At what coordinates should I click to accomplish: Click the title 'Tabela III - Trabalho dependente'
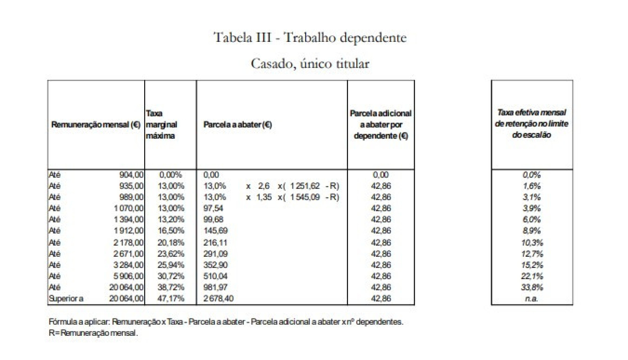[x=310, y=38]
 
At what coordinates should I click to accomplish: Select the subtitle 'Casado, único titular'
[x=310, y=63]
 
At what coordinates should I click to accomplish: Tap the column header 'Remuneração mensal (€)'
[x=96, y=125]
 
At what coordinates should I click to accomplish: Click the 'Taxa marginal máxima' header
[x=161, y=125]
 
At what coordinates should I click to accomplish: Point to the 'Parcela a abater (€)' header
[x=237, y=125]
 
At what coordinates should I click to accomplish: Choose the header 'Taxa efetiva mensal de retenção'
[x=532, y=124]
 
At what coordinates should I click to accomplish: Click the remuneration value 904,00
[x=131, y=175]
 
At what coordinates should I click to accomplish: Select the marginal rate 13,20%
[x=171, y=219]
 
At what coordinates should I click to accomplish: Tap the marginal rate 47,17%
[x=171, y=299]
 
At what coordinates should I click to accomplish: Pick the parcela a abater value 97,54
[x=213, y=208]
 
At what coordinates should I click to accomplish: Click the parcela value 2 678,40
[x=218, y=299]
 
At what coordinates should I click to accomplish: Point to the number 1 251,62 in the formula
[x=305, y=186]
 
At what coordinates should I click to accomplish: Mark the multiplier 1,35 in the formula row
[x=264, y=197]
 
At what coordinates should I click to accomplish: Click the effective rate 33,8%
[x=532, y=287]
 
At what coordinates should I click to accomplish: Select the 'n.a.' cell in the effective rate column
[x=532, y=299]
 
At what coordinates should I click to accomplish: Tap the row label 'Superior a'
[x=66, y=299]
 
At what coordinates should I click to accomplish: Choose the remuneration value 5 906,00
[x=128, y=276]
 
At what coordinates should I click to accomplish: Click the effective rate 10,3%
[x=532, y=243]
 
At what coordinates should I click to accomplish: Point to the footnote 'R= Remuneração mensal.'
[x=93, y=333]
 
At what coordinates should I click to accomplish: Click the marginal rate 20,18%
[x=171, y=243]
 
